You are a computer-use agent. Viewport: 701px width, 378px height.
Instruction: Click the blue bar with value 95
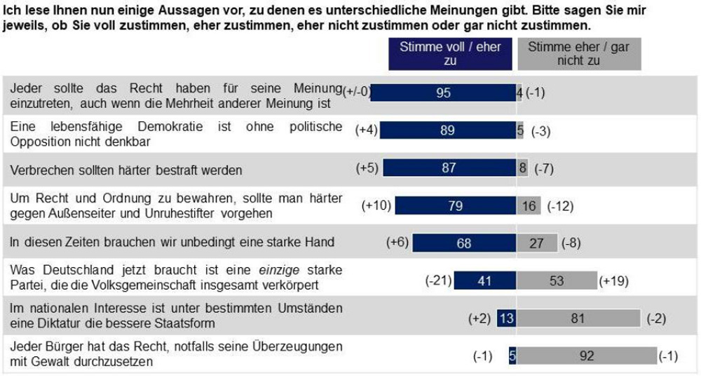click(x=443, y=93)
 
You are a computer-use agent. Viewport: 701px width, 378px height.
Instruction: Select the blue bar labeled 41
click(x=484, y=281)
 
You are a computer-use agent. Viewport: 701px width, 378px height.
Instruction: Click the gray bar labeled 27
click(x=538, y=243)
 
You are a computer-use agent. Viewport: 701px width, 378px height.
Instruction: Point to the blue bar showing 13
click(x=507, y=318)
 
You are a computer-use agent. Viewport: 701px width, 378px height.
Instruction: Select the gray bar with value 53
click(x=557, y=281)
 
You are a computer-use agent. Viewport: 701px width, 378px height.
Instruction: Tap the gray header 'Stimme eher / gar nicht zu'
click(x=569, y=54)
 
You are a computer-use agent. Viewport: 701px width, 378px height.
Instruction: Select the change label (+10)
click(x=376, y=205)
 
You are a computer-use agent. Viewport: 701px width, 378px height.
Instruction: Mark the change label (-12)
click(x=562, y=205)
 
